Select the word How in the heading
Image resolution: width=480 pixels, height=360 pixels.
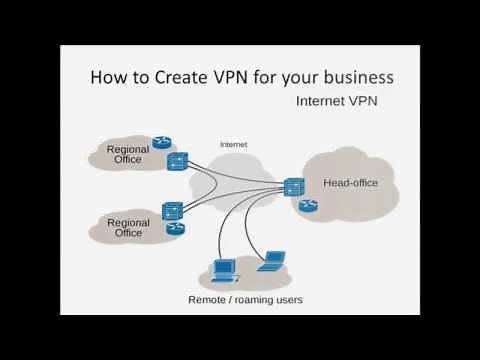(x=108, y=77)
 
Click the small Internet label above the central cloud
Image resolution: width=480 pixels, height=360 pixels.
(x=233, y=145)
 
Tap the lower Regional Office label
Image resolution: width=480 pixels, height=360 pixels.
(x=128, y=227)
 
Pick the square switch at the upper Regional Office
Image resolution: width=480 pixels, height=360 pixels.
(x=178, y=160)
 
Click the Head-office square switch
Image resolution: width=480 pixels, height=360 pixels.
(x=293, y=185)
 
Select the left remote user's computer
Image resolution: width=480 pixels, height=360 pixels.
(x=226, y=268)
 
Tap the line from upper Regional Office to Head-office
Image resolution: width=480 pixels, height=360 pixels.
(x=235, y=172)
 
